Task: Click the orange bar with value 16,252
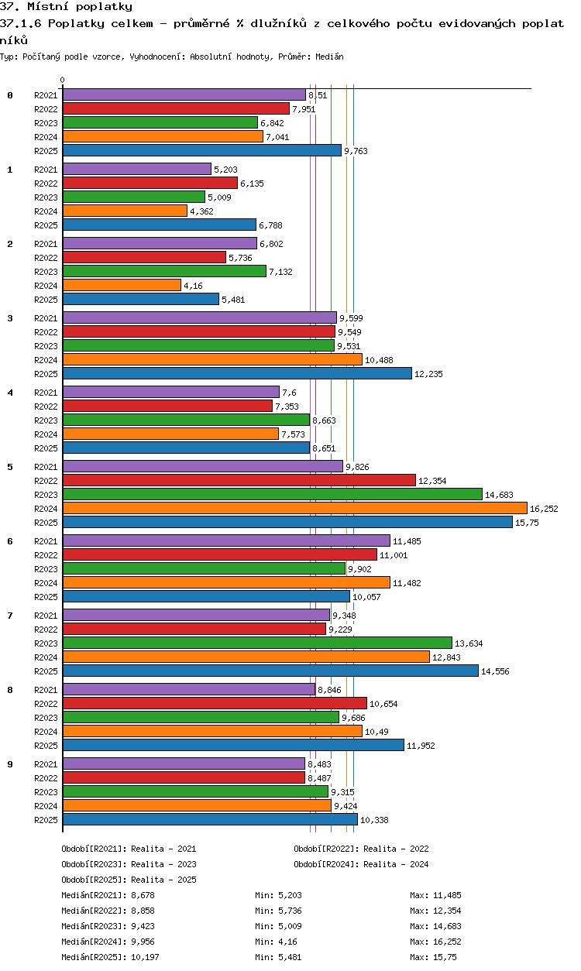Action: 295,508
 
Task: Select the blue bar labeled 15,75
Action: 287,522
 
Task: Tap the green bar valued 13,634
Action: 257,643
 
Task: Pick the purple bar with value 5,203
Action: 137,169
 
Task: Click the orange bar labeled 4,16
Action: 122,285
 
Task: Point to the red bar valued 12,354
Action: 239,480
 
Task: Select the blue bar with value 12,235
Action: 237,373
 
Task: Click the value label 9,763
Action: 356,151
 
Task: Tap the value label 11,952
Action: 421,746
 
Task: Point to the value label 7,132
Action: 280,272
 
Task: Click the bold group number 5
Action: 10,467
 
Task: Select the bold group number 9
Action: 10,764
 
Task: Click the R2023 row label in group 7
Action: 46,643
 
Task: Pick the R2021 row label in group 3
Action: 46,318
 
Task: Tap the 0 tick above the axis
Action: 63,80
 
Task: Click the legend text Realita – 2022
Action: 396,849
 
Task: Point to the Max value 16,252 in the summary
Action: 447,941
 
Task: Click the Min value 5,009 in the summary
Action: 290,926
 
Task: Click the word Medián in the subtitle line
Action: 329,57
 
